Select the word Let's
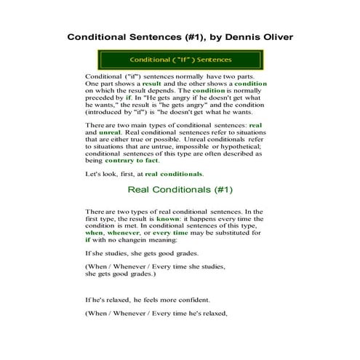point(95,175)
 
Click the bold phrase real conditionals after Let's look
point(174,175)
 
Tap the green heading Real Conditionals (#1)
point(180,191)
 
